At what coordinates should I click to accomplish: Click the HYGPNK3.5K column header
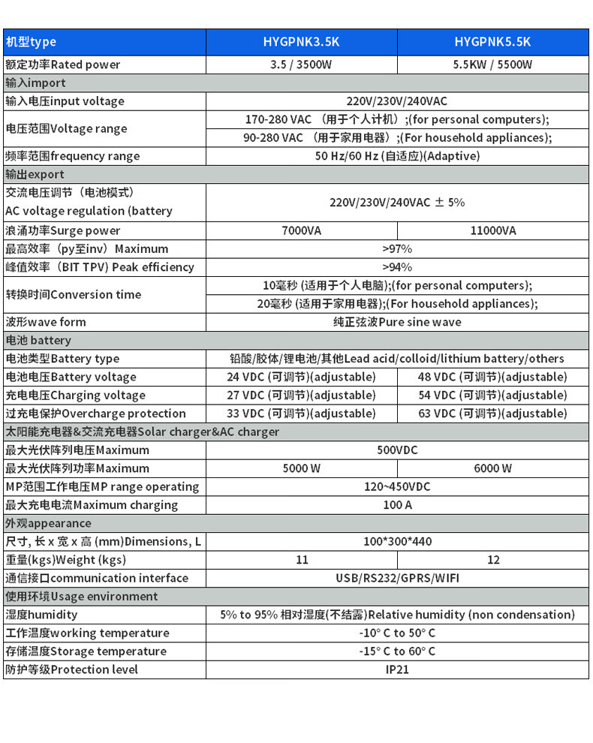301,42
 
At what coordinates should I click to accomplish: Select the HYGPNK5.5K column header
492,42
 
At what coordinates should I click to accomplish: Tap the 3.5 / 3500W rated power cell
301,65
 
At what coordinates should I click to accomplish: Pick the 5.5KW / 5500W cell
492,65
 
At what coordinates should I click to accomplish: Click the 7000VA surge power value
301,230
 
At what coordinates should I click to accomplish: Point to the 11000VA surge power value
492,230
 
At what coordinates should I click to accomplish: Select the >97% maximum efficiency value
397,248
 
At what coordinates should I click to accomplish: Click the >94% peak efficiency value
397,267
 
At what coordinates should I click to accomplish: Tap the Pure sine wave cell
397,322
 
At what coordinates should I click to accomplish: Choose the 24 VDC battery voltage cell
301,377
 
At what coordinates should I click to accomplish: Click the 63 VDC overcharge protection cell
492,414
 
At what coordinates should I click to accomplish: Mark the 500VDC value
397,450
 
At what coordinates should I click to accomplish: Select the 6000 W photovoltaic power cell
492,468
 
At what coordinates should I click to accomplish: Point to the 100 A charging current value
397,505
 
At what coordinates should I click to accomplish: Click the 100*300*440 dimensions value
397,541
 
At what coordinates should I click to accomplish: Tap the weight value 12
492,560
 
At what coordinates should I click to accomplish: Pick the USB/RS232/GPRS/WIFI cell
397,578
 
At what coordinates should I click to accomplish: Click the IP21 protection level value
397,669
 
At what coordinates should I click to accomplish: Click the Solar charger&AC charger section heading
143,432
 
